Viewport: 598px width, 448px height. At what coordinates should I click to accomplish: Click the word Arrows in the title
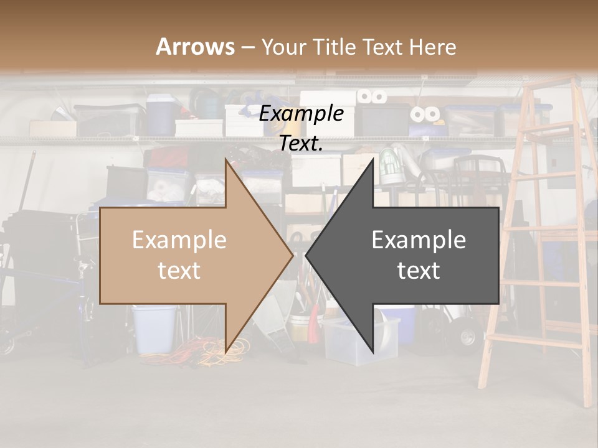(196, 47)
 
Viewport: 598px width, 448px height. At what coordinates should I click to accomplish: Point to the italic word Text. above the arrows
(301, 143)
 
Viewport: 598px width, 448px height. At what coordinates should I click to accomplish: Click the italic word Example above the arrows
(301, 114)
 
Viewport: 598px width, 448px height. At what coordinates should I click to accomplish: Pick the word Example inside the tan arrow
(179, 240)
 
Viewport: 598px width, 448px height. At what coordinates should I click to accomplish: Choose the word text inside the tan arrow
(179, 270)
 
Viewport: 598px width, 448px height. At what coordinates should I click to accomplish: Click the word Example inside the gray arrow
(419, 240)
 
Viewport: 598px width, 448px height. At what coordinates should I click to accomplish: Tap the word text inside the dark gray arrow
(419, 270)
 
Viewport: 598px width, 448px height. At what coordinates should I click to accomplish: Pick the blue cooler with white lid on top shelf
(161, 113)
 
